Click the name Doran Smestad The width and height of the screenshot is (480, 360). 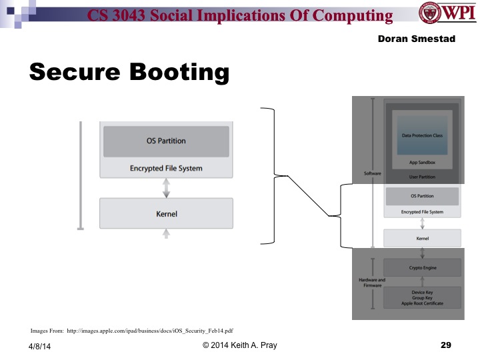pos(415,39)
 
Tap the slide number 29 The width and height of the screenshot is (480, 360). pos(446,345)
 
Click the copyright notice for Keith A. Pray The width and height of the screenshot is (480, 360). pos(239,345)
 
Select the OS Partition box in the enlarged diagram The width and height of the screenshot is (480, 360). pos(166,141)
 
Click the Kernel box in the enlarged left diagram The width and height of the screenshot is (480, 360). pos(166,213)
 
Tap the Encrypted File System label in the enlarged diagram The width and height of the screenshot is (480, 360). pos(166,169)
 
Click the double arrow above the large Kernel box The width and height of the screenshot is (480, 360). pos(166,188)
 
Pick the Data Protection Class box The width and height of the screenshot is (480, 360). pos(422,136)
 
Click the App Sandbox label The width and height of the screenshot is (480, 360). pos(422,163)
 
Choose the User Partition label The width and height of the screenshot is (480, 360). pos(422,177)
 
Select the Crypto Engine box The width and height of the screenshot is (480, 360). pos(422,267)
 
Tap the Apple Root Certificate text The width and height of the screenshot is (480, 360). pos(422,304)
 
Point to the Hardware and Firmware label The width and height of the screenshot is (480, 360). pos(372,283)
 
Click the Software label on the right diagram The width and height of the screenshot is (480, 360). pos(372,173)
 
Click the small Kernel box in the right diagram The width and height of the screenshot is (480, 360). pos(422,238)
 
